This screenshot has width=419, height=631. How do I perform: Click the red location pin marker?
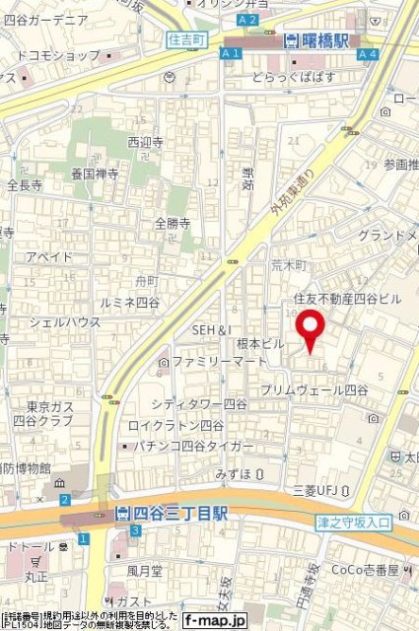(x=311, y=331)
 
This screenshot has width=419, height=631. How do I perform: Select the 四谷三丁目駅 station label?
(x=172, y=514)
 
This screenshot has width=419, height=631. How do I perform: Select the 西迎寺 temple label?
(x=144, y=142)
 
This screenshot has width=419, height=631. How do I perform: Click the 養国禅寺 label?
(x=95, y=174)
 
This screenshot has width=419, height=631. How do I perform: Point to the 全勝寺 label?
(x=173, y=223)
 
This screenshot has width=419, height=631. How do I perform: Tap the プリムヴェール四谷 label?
(x=314, y=390)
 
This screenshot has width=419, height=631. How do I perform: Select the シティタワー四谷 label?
(x=199, y=404)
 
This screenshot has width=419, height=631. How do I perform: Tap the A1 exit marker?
(x=232, y=54)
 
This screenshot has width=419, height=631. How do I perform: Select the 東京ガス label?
(x=45, y=406)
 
